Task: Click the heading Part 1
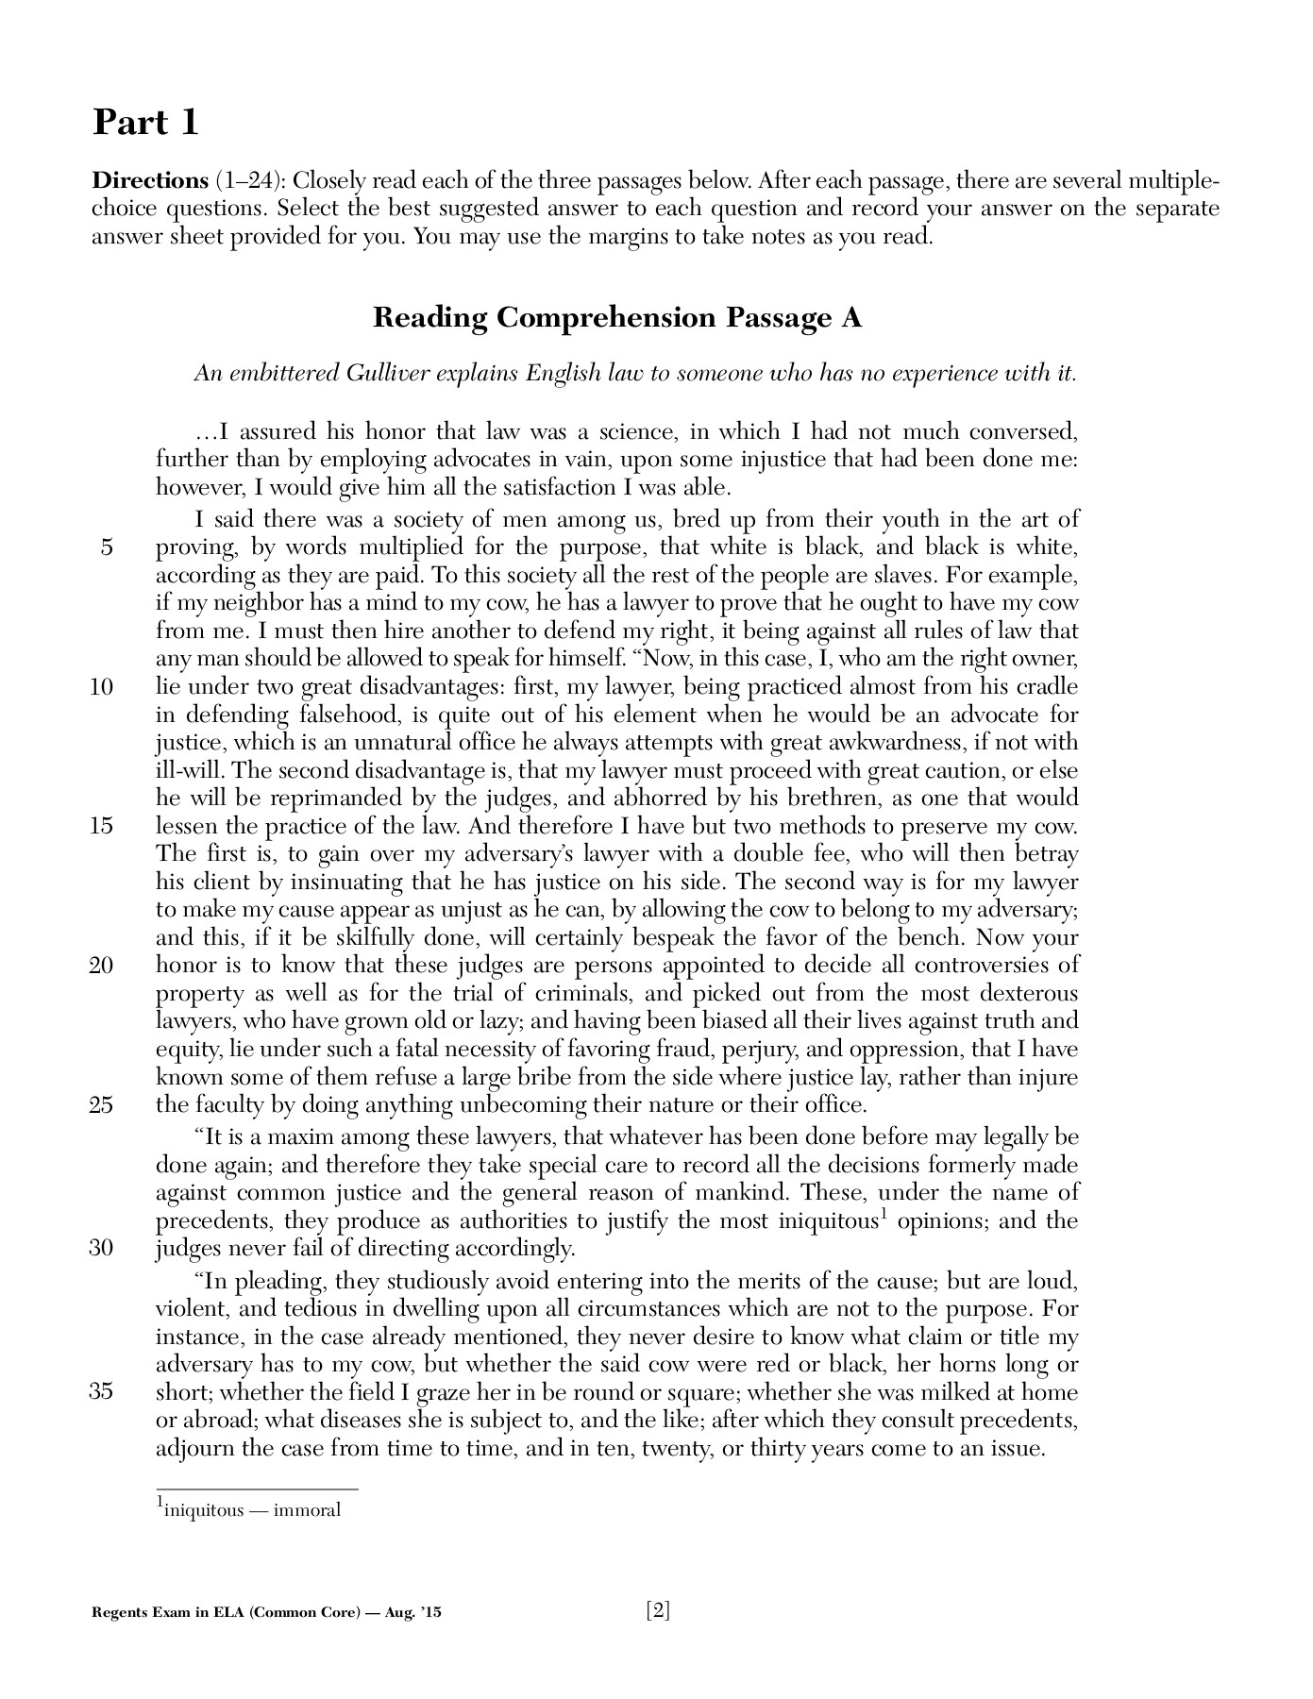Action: pyautogui.click(x=145, y=123)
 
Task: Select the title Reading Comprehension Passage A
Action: pyautogui.click(x=617, y=317)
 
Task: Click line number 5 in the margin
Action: pyautogui.click(x=106, y=547)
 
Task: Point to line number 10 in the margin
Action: pyautogui.click(x=102, y=687)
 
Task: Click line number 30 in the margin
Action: pyautogui.click(x=102, y=1248)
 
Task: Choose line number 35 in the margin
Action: pyautogui.click(x=102, y=1392)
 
